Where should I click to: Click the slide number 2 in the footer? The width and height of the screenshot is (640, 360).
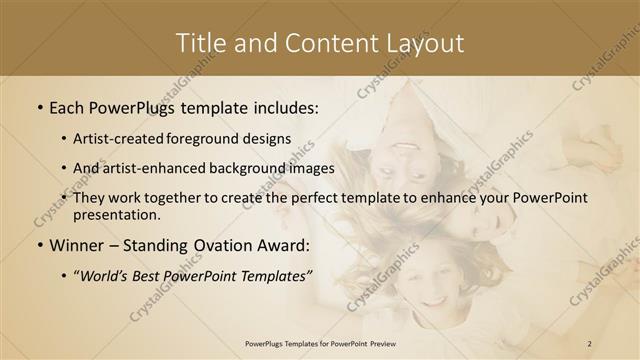pyautogui.click(x=589, y=344)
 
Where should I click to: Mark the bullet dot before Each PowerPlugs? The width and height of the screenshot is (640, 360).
pyautogui.click(x=39, y=106)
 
